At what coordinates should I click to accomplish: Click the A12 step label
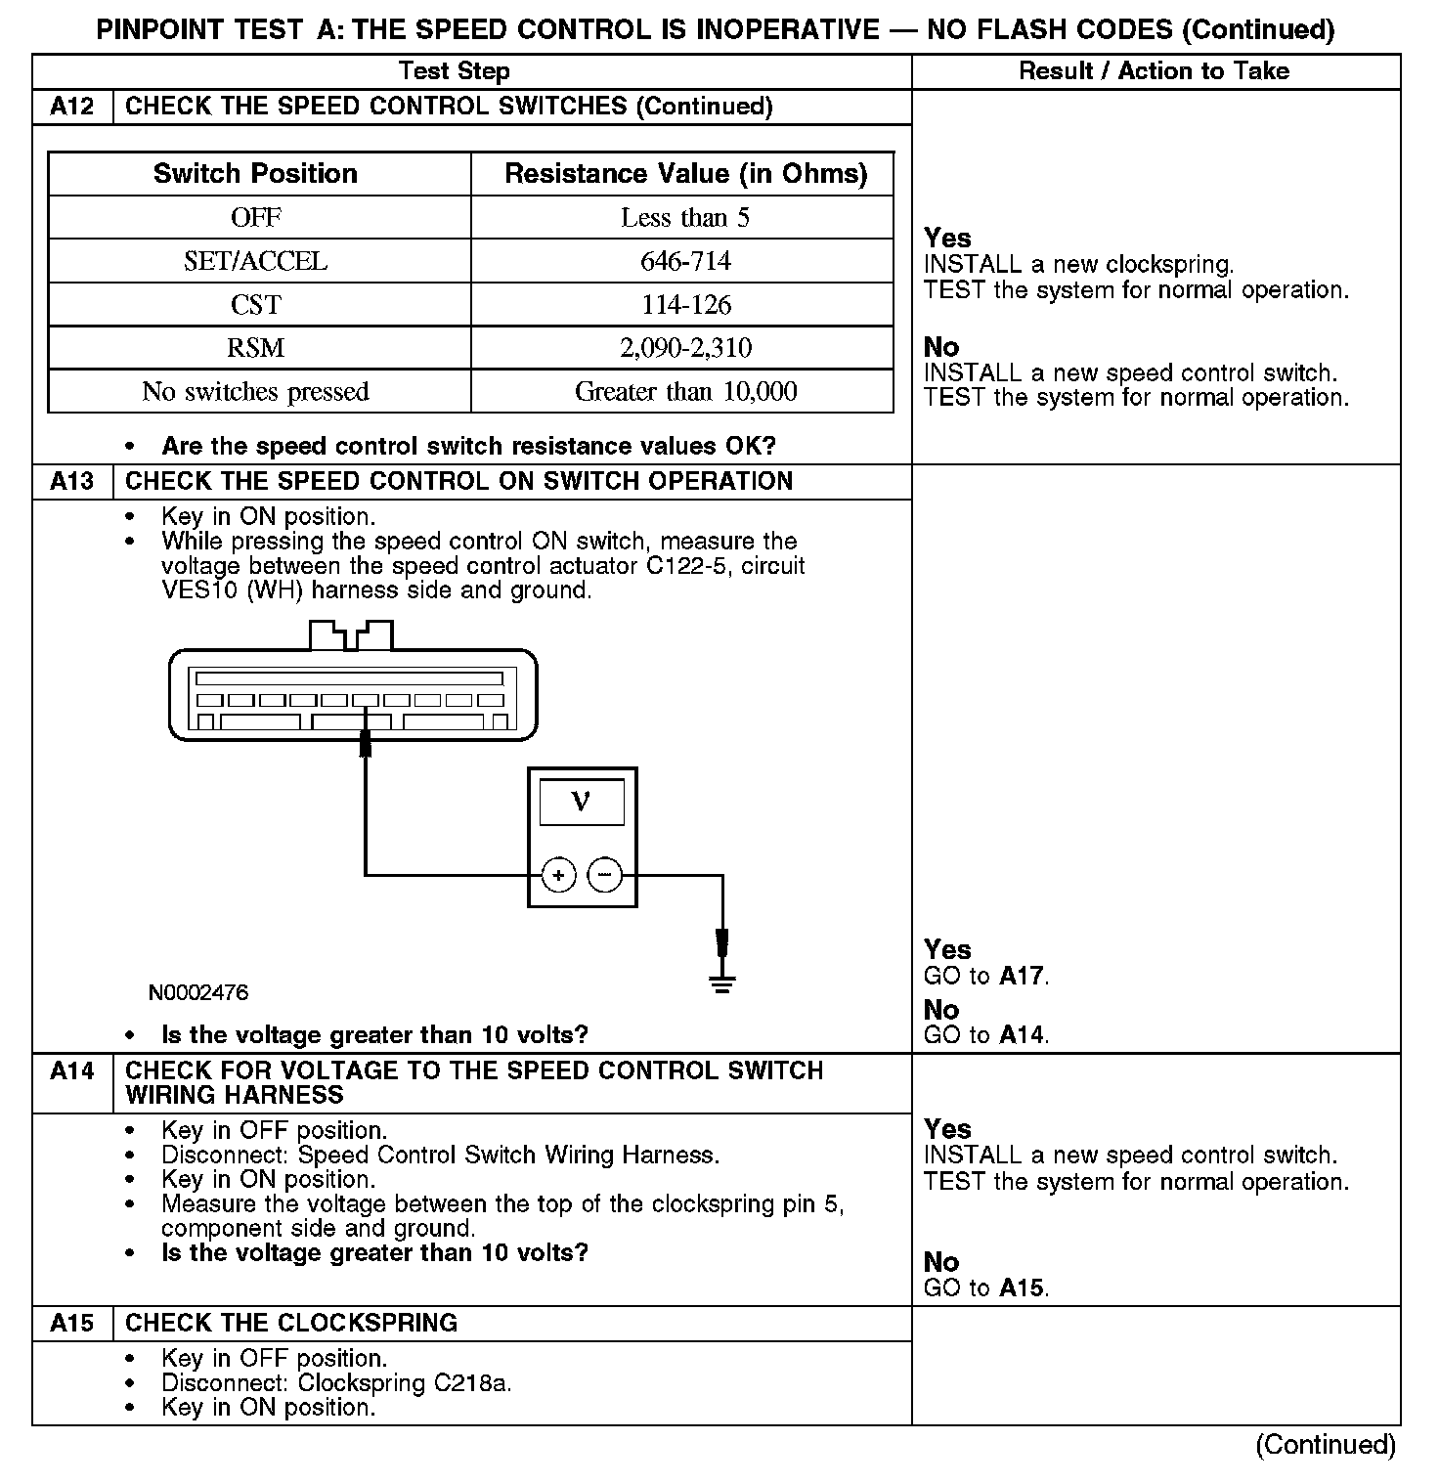pos(72,107)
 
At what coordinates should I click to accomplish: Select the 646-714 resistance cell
pos(685,261)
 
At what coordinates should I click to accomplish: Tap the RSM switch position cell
pos(256,348)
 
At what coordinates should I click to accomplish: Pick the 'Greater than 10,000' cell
pos(685,392)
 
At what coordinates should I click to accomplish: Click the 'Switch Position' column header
pos(256,174)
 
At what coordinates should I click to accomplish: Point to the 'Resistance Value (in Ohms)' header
pos(685,174)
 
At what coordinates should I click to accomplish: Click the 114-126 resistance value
pos(685,305)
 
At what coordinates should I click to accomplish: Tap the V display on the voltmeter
pos(582,803)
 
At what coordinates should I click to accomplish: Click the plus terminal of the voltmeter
pos(558,875)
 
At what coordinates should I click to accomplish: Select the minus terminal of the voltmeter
pos(605,875)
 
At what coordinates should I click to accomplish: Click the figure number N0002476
pos(198,993)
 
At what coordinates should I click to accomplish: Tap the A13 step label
pos(72,482)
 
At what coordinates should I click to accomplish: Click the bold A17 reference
pos(1022,976)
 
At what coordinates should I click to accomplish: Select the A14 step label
pos(72,1071)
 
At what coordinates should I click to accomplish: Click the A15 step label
pos(72,1324)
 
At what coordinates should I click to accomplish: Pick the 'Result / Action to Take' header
pos(1154,71)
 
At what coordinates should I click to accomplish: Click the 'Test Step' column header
pos(455,71)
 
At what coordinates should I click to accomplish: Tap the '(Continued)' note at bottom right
pos(1326,1445)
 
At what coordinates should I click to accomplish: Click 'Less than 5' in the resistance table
pos(685,218)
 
